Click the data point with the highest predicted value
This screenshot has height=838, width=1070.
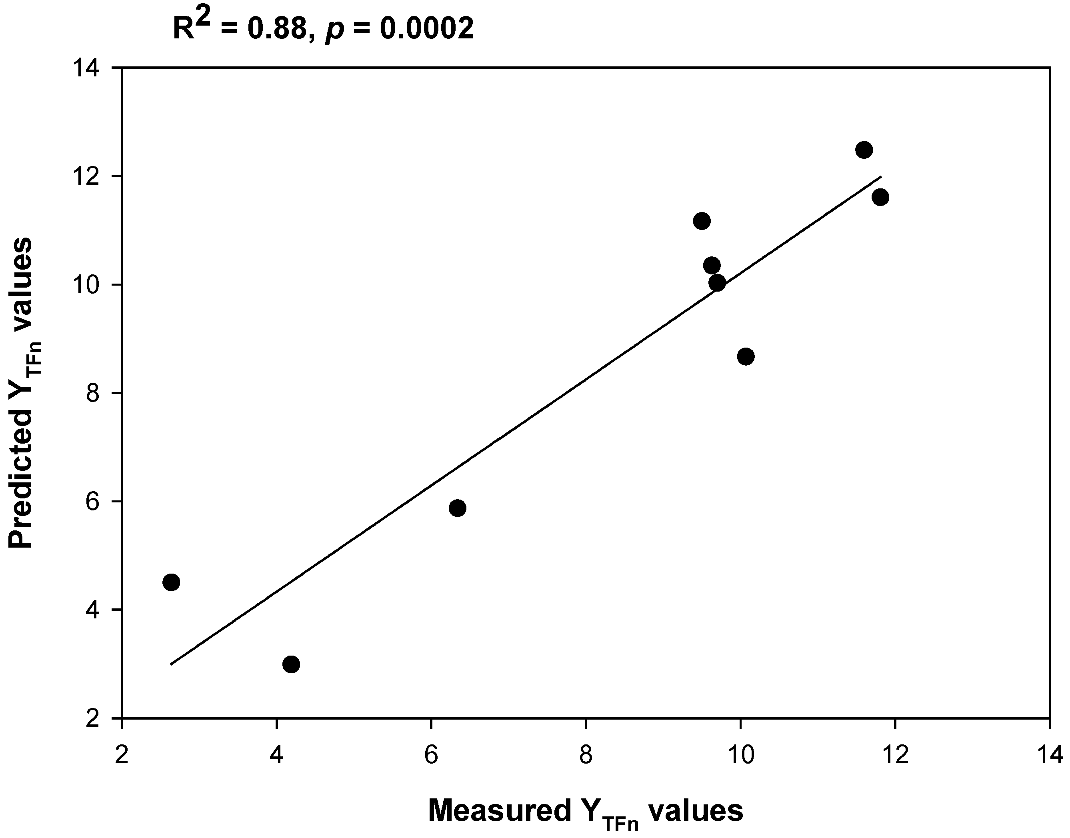864,150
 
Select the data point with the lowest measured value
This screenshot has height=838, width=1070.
171,582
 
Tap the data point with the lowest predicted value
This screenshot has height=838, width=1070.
292,664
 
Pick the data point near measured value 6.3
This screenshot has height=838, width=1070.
457,508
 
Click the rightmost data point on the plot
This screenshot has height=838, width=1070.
881,197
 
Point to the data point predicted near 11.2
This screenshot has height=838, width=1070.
702,221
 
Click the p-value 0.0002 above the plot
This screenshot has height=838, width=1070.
427,29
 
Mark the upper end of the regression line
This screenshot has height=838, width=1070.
882,177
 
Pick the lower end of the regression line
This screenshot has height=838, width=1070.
171,664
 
